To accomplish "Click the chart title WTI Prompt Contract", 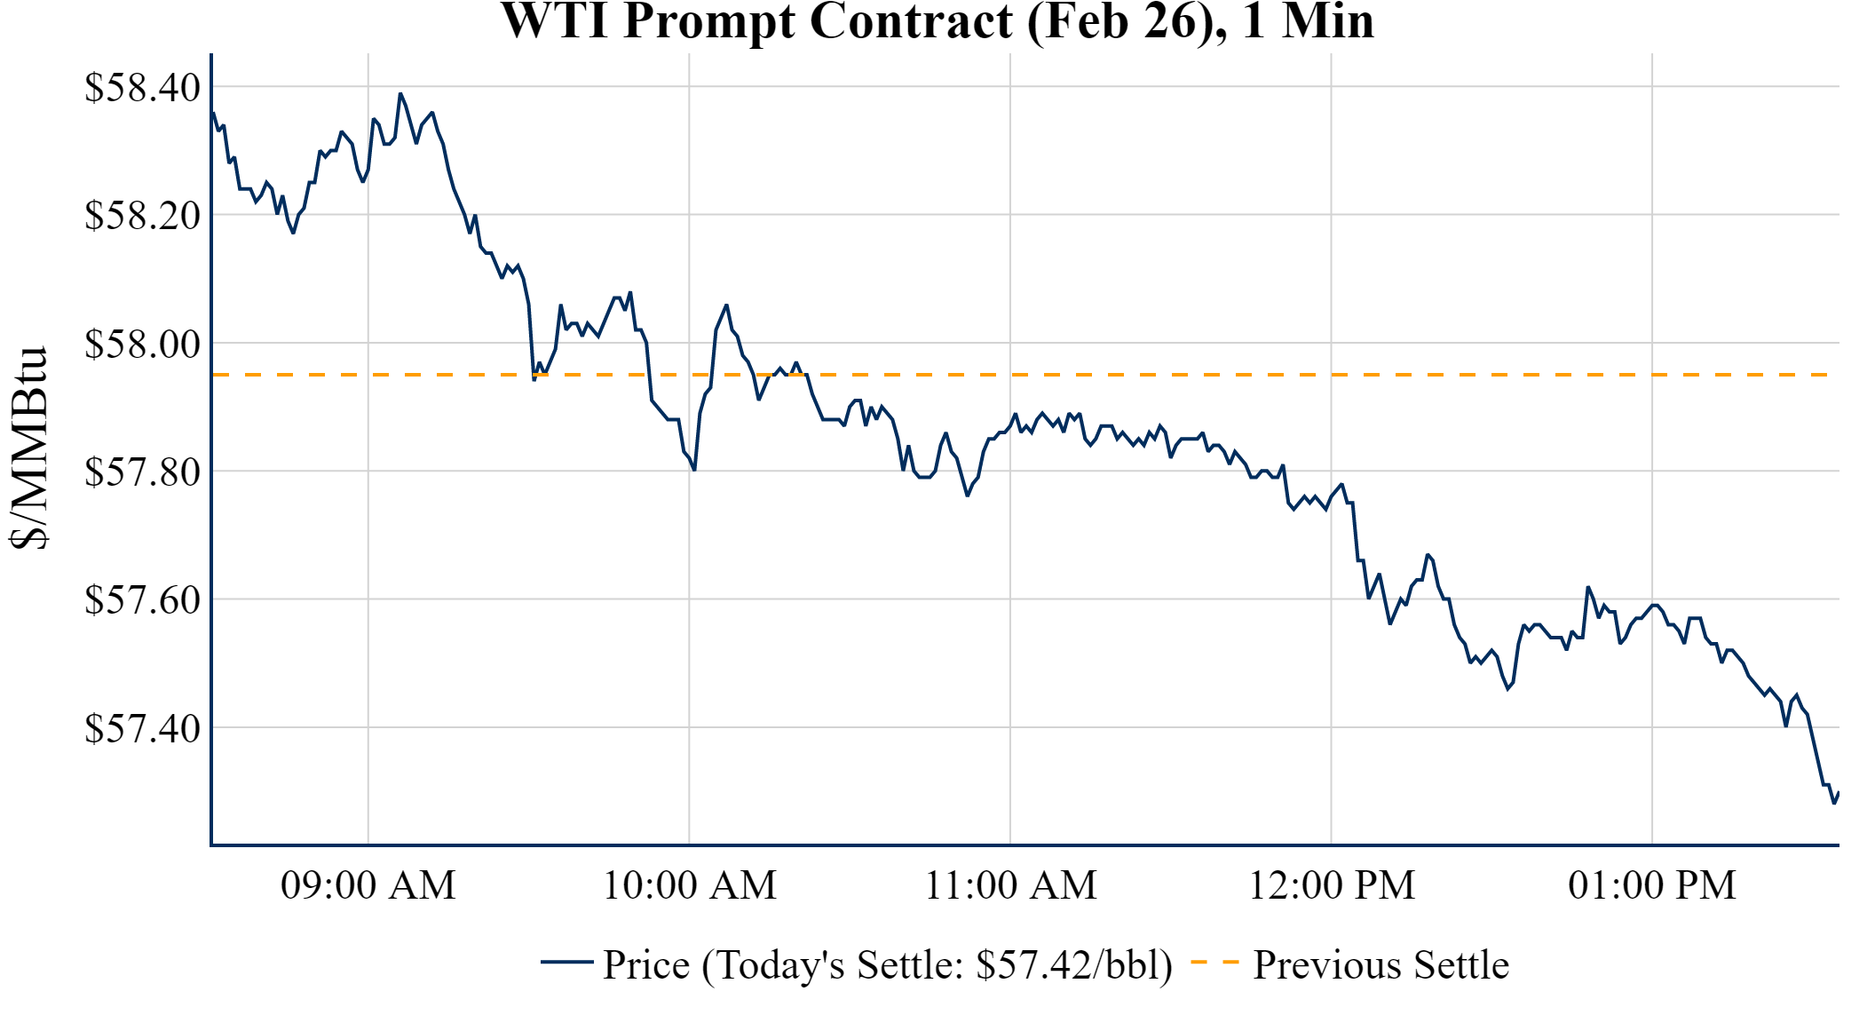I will point(937,21).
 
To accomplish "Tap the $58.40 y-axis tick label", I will point(142,88).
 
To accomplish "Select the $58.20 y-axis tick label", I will point(142,215).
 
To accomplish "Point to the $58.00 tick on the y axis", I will point(142,344).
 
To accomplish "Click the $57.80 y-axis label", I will point(142,472).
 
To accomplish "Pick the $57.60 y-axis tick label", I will point(142,600).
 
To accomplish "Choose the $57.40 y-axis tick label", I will point(142,728).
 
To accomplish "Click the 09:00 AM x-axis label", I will point(368,885).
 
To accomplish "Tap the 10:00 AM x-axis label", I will point(690,885).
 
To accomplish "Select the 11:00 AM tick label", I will point(1011,885).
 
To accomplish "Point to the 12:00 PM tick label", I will point(1332,885).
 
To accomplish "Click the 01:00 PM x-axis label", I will point(1652,885).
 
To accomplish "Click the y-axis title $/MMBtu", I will point(30,448).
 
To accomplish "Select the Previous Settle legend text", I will point(1381,965).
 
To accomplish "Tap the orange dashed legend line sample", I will point(1214,962).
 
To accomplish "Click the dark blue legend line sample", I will point(566,962).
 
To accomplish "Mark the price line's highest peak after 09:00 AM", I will point(400,93).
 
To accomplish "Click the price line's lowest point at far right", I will point(1834,803).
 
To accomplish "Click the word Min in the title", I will point(1328,21).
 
